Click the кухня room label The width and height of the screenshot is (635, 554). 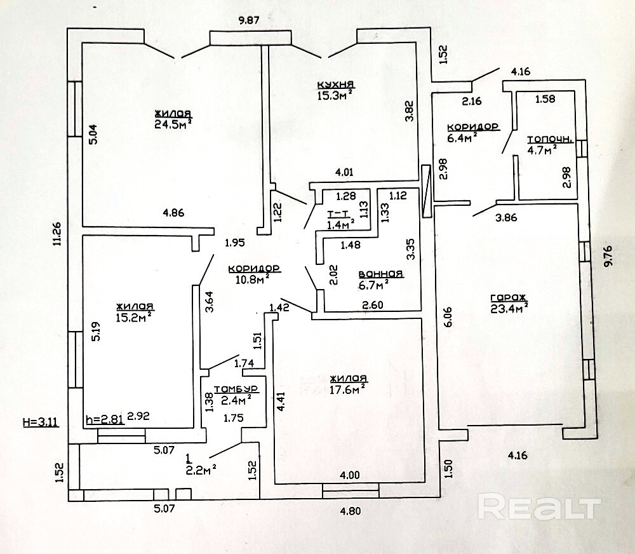pos(336,84)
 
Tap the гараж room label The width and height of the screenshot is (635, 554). pos(508,298)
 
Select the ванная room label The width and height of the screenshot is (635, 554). pos(380,274)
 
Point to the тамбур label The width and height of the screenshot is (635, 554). pos(236,389)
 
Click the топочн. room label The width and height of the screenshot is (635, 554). pos(550,140)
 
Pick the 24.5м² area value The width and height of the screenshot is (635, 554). pos(173,124)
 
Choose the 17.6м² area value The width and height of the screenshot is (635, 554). pos(349,389)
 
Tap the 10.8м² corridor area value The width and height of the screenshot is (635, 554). pos(253,280)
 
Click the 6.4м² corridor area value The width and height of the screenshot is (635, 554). pos(462,138)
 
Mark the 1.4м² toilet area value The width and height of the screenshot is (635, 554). pos(340,224)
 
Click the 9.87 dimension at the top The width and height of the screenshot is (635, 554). pos(249,20)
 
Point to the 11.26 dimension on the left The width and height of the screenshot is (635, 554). pos(58,234)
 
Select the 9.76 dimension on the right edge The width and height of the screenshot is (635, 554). pos(608,257)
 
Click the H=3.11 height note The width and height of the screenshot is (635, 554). pos(41,422)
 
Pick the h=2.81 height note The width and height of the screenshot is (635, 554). pos(105,419)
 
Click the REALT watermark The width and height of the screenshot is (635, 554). pos(539,506)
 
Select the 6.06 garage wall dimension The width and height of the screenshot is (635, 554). pos(448,316)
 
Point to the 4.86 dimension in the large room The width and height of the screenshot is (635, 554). pos(173,212)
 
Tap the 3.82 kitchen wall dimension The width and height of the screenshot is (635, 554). pos(410,111)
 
